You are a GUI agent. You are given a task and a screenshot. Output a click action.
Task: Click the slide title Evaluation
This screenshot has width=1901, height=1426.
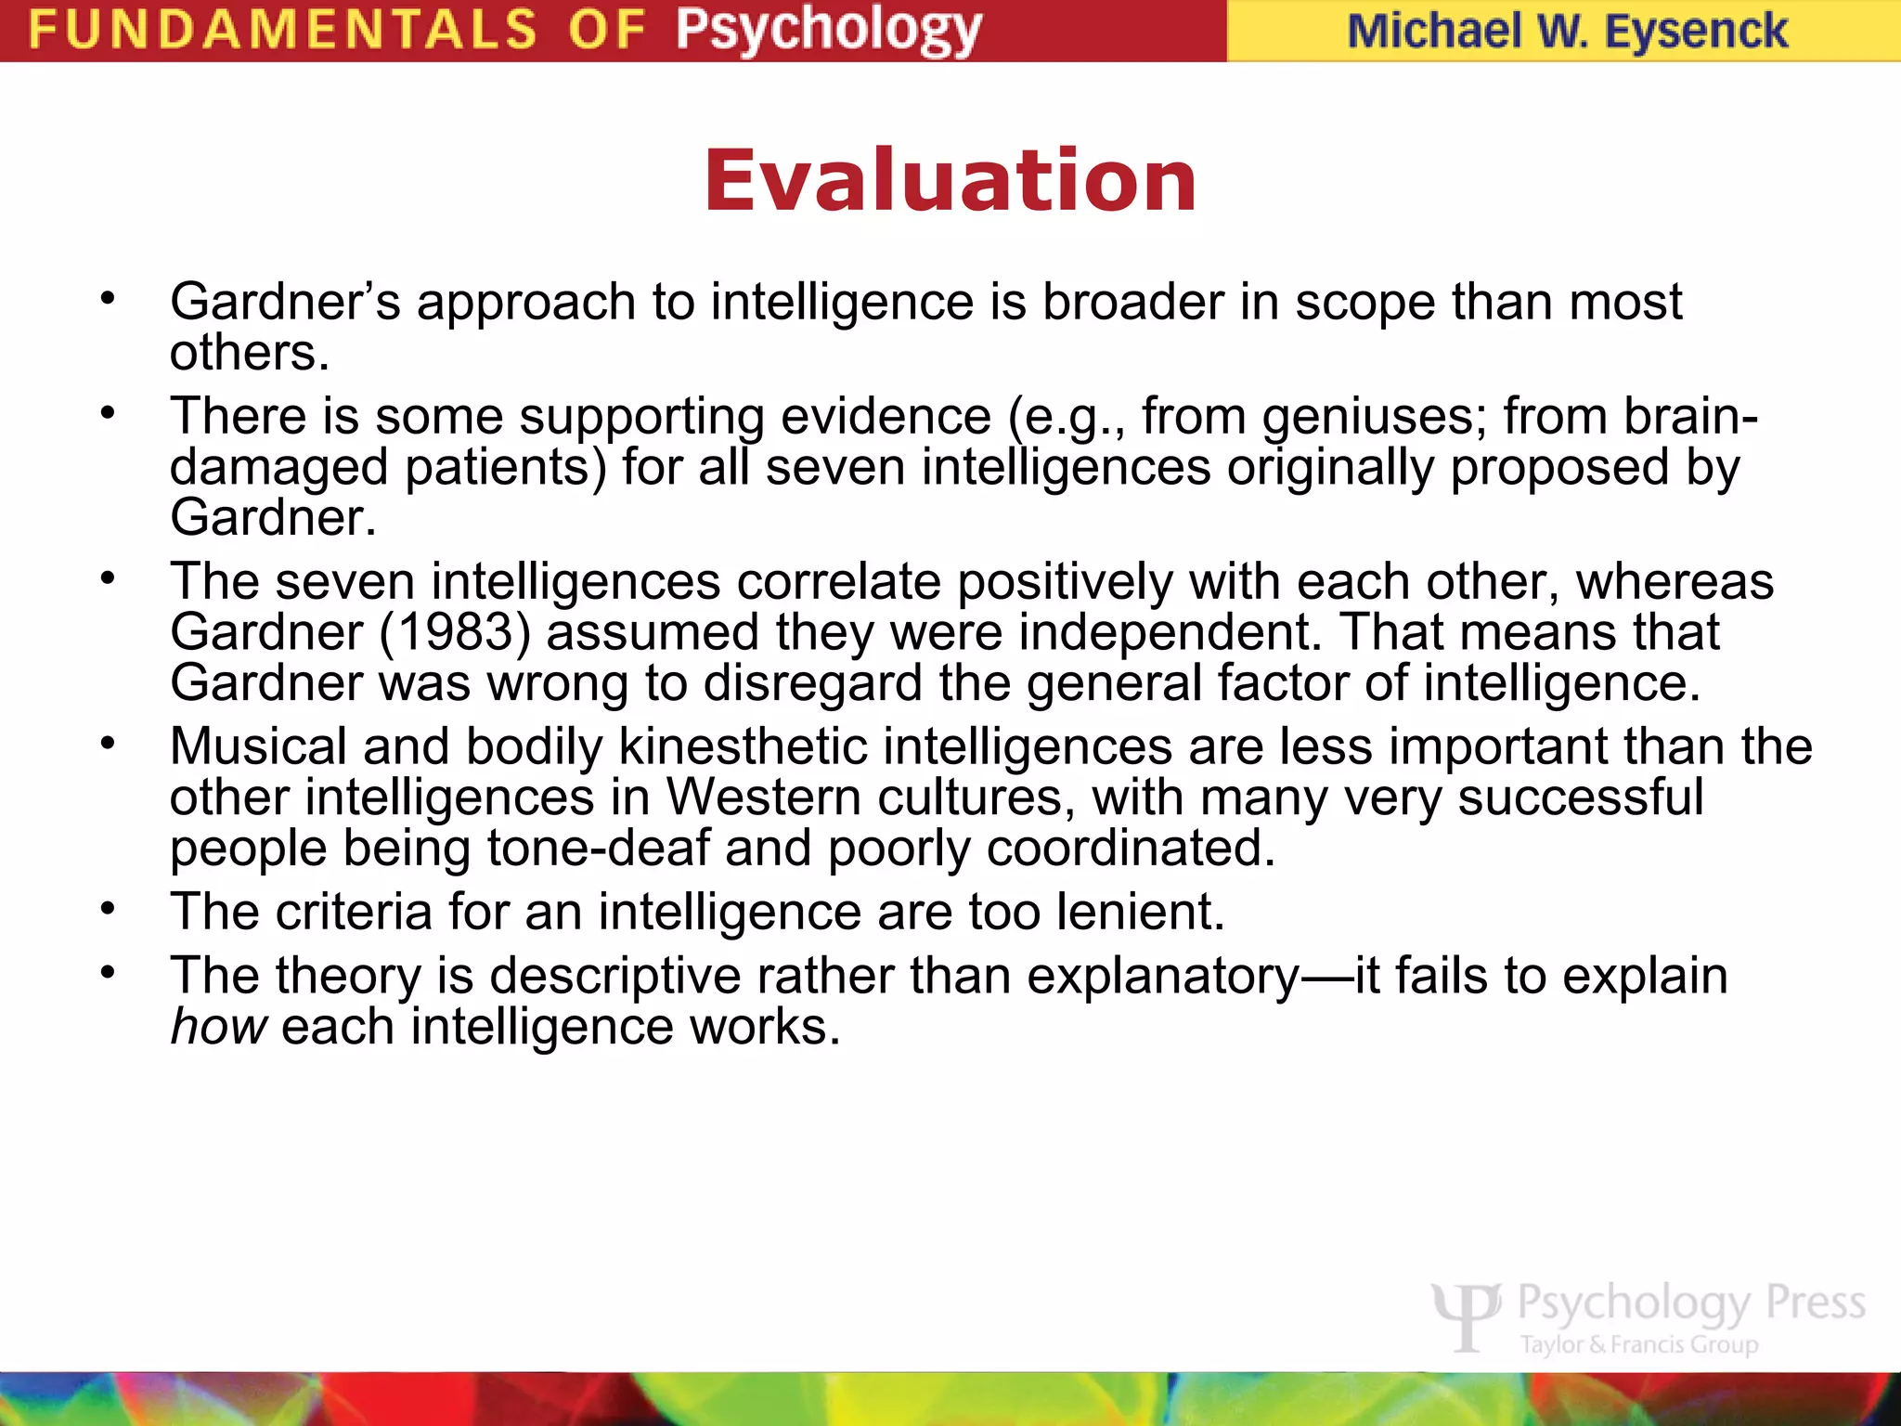coord(950,181)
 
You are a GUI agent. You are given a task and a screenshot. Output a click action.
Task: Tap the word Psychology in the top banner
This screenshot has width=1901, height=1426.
coord(828,30)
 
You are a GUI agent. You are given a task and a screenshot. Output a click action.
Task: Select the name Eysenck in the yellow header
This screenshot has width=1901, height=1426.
coord(1696,31)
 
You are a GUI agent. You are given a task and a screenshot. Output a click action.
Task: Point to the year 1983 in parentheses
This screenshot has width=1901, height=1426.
coord(456,632)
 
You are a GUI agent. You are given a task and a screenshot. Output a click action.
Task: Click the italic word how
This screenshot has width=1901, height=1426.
coord(219,1027)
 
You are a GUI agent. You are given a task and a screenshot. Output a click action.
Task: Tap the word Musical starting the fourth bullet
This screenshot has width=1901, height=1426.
coord(258,746)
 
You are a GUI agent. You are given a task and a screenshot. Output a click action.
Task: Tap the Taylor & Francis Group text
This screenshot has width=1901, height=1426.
coord(1639,1344)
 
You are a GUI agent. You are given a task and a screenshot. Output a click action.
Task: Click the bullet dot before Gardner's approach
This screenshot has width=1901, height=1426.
coord(109,299)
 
